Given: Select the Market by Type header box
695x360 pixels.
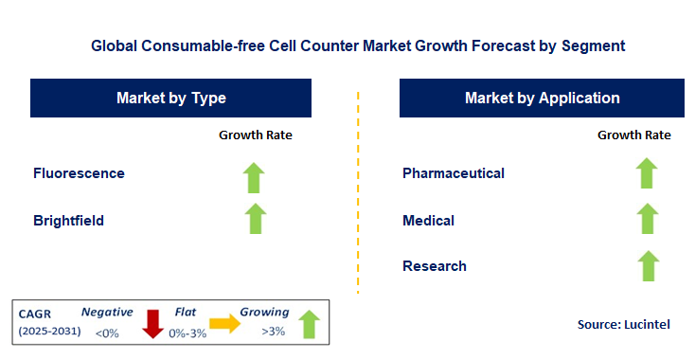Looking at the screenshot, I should (170, 98).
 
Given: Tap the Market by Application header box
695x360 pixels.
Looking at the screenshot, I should (542, 98).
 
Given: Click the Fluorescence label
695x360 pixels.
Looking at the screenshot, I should (79, 173).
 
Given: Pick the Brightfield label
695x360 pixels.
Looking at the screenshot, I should (68, 221).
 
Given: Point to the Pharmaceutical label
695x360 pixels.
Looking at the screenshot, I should (454, 173).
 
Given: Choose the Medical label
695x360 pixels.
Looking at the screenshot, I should (428, 221).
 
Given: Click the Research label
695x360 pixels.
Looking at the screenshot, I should (434, 266).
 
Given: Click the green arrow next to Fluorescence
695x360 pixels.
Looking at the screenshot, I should (254, 176).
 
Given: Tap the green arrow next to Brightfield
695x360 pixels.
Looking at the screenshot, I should (254, 218).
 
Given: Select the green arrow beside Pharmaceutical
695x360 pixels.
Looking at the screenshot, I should (647, 173).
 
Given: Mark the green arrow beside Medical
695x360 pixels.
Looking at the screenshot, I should (647, 219).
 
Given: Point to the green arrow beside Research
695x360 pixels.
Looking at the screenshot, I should (647, 265).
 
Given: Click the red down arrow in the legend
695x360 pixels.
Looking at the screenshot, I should (152, 322).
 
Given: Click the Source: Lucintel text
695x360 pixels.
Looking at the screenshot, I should (623, 325).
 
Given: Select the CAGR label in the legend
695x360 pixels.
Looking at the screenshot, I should (36, 312).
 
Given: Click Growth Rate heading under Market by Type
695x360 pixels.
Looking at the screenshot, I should (256, 135).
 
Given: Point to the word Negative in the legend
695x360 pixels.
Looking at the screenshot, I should (106, 311).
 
